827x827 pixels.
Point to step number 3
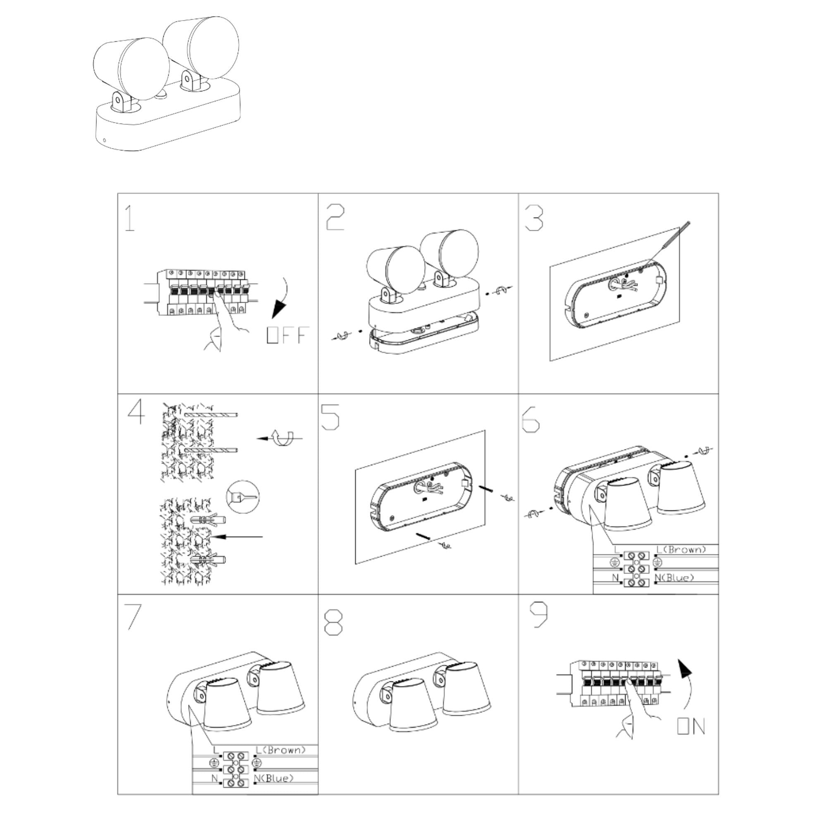tap(534, 218)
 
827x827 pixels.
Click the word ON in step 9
tap(691, 726)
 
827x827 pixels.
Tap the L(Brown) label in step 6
tap(681, 549)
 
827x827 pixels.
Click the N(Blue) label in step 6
tap(674, 578)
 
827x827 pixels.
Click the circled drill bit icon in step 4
tap(243, 497)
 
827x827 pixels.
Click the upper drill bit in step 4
tap(211, 415)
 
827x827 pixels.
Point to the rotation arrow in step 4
tap(280, 438)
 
